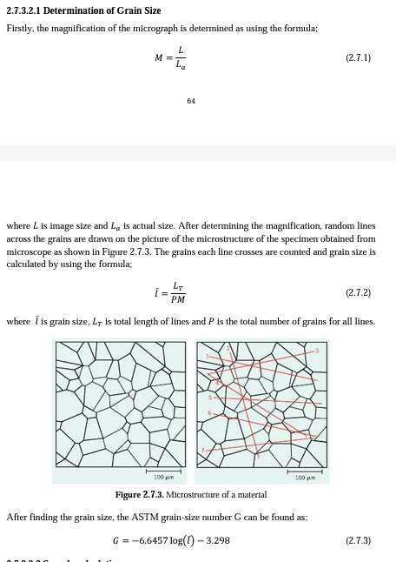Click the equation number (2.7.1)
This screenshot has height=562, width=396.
[358, 58]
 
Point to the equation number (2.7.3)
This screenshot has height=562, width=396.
[358, 540]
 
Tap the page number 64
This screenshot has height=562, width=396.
[191, 101]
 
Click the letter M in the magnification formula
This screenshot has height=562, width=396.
[158, 58]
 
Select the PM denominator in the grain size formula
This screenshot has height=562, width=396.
[178, 299]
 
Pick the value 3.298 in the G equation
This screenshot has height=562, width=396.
[219, 540]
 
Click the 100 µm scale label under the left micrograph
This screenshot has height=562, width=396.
[164, 477]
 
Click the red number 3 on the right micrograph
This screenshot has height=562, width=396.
[317, 351]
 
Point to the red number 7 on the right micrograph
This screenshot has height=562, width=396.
[203, 451]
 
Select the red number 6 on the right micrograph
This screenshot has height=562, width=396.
[209, 412]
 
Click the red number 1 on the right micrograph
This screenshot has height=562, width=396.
[207, 357]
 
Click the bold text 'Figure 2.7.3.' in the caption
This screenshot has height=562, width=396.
[139, 495]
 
